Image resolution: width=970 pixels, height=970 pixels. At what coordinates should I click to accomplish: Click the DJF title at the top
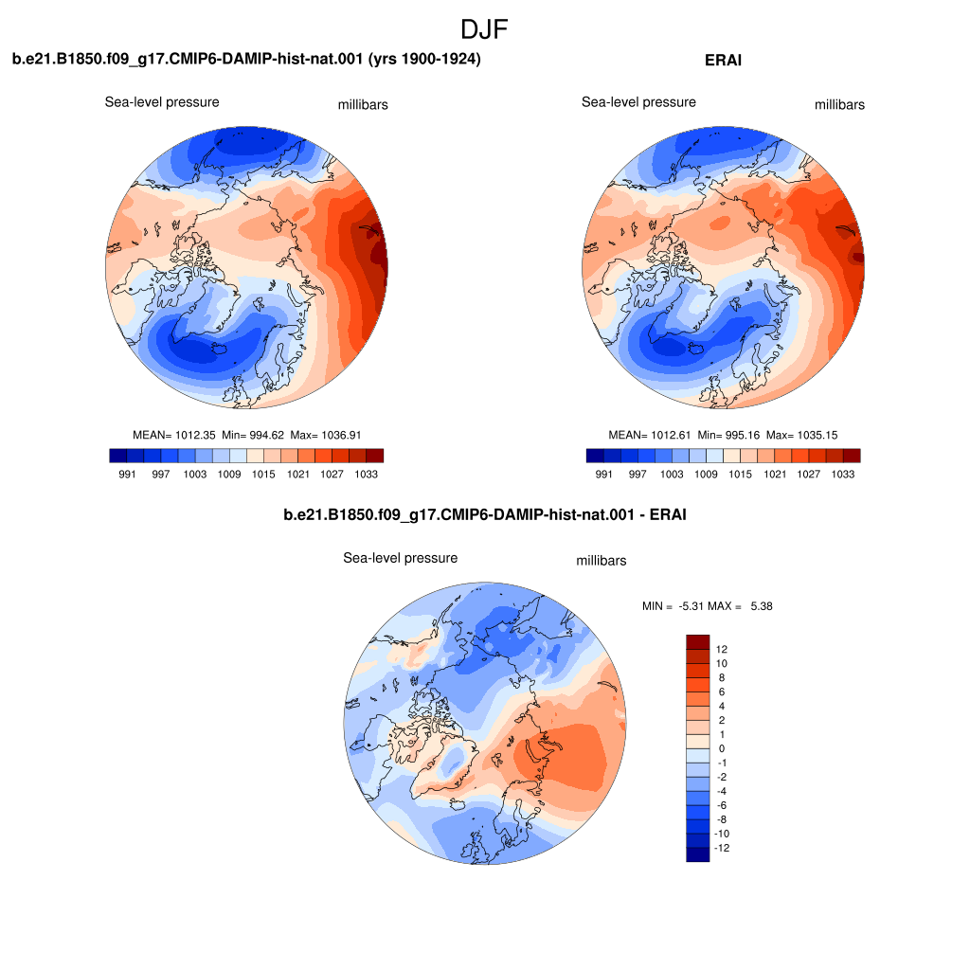pyautogui.click(x=484, y=29)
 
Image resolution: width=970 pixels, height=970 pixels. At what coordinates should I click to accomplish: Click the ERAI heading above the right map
pyautogui.click(x=723, y=60)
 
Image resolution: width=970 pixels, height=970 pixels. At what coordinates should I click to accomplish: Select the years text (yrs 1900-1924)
pyautogui.click(x=424, y=59)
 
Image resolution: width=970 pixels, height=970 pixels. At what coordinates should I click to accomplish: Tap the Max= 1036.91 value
pyautogui.click(x=326, y=435)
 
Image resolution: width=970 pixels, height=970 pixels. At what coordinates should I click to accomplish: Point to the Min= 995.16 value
pyautogui.click(x=728, y=435)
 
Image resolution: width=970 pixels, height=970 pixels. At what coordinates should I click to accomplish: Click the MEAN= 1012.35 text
pyautogui.click(x=174, y=435)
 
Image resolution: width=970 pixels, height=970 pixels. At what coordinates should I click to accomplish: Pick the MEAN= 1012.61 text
pyautogui.click(x=650, y=435)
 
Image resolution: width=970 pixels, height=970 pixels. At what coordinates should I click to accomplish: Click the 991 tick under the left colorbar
pyautogui.click(x=127, y=474)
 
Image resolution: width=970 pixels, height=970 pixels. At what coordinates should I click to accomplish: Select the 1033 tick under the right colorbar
pyautogui.click(x=842, y=474)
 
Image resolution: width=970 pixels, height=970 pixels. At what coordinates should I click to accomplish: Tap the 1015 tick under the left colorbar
pyautogui.click(x=263, y=474)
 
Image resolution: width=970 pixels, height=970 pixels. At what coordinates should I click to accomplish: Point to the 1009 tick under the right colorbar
pyautogui.click(x=706, y=474)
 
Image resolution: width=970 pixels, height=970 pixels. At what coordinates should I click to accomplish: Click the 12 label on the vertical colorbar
pyautogui.click(x=721, y=649)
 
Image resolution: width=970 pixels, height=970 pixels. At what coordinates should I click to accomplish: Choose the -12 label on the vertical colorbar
pyautogui.click(x=721, y=848)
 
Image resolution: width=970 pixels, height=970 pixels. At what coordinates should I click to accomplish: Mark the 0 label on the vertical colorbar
pyautogui.click(x=721, y=748)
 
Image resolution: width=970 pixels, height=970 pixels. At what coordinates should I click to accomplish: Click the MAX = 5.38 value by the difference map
pyautogui.click(x=740, y=606)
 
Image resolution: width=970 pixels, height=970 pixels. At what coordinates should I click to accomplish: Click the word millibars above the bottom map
pyautogui.click(x=602, y=561)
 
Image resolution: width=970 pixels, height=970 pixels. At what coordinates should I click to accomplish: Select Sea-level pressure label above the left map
pyautogui.click(x=162, y=102)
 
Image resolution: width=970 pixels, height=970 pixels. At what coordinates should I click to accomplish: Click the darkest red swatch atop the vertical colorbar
pyautogui.click(x=698, y=641)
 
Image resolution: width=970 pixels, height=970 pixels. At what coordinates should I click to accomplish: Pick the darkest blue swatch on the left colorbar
pyautogui.click(x=118, y=456)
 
